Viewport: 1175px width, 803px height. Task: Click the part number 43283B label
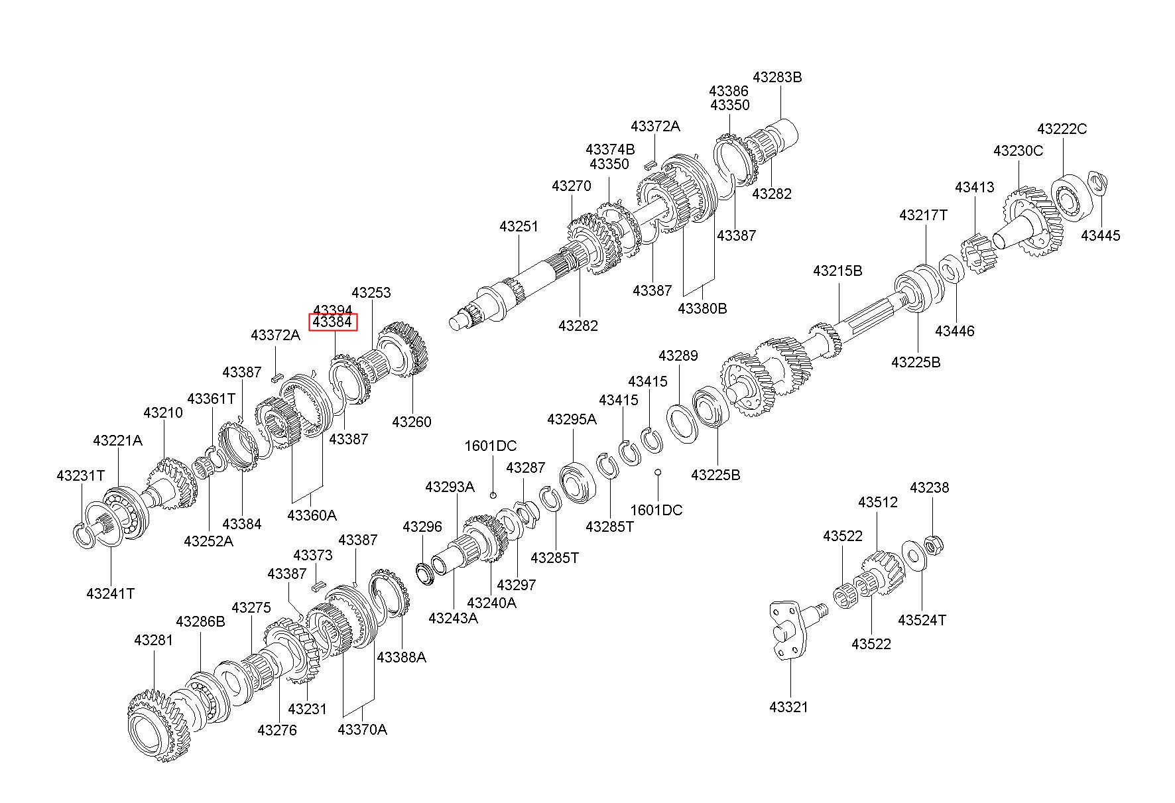click(x=777, y=77)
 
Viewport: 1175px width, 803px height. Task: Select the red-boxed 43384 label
click(x=332, y=322)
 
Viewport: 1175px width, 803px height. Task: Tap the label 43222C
click(x=1062, y=129)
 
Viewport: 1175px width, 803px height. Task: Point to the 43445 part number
click(x=1101, y=235)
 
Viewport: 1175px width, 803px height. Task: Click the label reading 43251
click(x=519, y=227)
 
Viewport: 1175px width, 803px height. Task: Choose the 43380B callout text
click(x=702, y=308)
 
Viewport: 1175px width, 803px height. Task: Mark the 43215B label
click(x=837, y=271)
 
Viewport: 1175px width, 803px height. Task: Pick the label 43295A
click(x=572, y=419)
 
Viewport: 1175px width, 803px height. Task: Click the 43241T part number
click(x=110, y=593)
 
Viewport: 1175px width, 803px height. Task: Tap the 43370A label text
click(x=362, y=729)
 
